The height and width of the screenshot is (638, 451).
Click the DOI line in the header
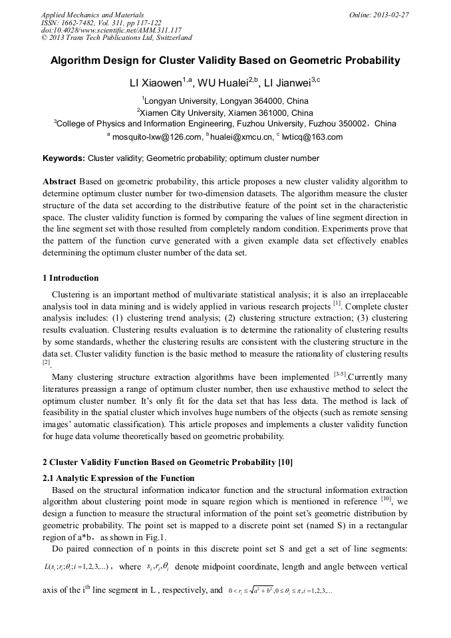(x=111, y=30)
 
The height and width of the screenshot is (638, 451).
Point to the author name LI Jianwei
(x=289, y=82)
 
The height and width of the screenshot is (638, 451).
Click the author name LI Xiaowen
(x=156, y=82)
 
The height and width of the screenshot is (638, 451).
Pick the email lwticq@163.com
(x=313, y=137)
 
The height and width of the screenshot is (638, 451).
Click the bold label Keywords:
(x=64, y=158)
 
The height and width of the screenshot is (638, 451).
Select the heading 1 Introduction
(x=71, y=278)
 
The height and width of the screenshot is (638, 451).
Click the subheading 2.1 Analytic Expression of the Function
(x=118, y=478)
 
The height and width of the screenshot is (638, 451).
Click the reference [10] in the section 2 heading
(x=283, y=462)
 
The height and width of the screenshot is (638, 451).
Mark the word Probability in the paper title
(x=367, y=61)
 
